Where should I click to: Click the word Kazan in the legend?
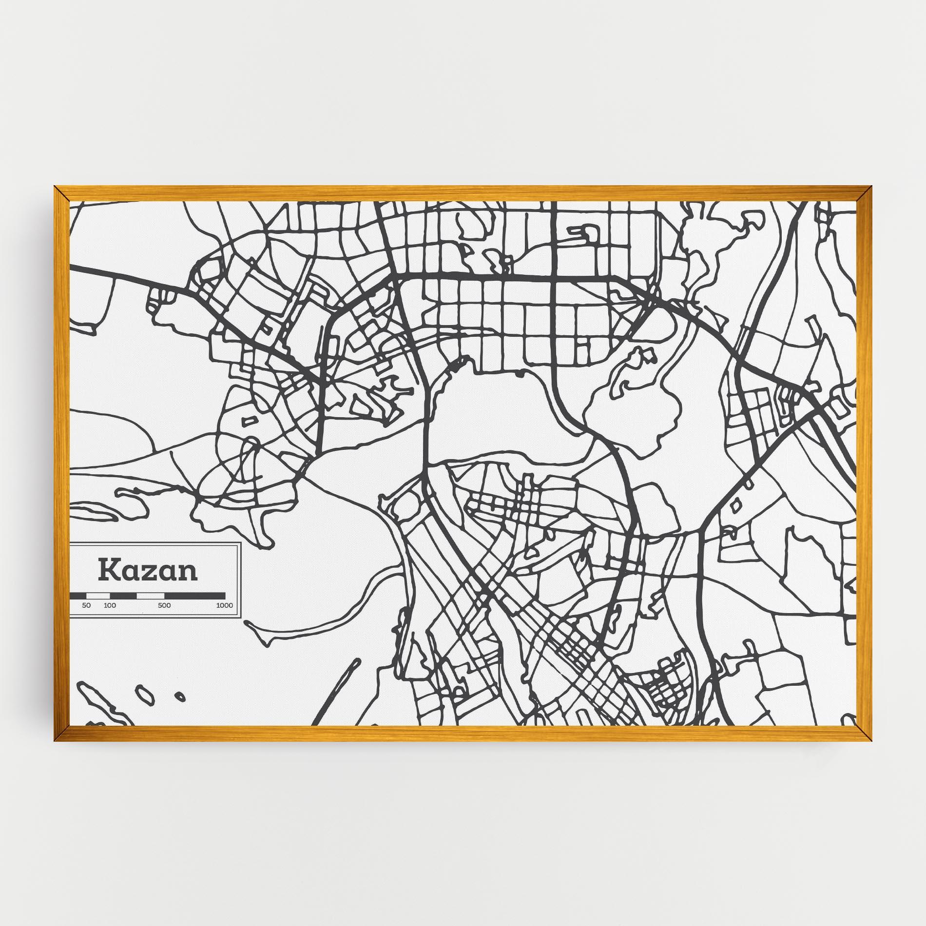point(148,570)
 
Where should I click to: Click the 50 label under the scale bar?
point(86,606)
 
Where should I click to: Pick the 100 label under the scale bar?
point(110,606)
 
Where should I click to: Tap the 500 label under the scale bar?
point(164,606)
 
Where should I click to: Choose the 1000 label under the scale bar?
point(225,606)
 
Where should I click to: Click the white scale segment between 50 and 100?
point(98,596)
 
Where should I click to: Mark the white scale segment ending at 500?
point(151,596)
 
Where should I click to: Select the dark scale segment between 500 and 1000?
point(195,596)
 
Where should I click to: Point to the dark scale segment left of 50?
point(78,596)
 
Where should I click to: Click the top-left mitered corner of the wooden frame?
point(60,193)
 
